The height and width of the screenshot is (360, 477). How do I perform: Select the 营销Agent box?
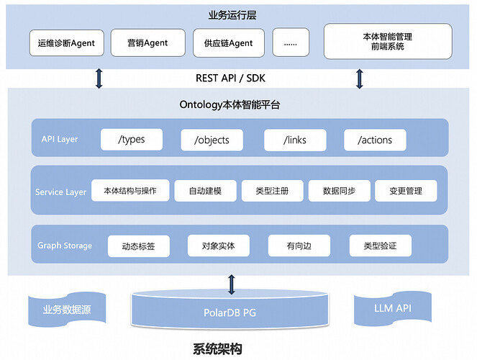pyautogui.click(x=147, y=42)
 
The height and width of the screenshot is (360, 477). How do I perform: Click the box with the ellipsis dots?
pyautogui.click(x=291, y=42)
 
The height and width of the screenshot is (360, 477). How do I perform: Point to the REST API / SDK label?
pyautogui.click(x=229, y=78)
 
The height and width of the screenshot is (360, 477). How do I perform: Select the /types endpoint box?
pyautogui.click(x=131, y=139)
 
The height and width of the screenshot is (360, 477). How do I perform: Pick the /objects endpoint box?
pyautogui.click(x=212, y=139)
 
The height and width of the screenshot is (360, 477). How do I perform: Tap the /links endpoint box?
pyautogui.click(x=294, y=139)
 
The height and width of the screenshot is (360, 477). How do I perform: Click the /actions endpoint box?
pyautogui.click(x=374, y=139)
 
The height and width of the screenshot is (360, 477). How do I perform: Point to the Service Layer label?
pyautogui.click(x=60, y=192)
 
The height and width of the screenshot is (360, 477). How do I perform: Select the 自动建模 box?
pyautogui.click(x=204, y=191)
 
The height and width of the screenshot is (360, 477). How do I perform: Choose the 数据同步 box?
pyautogui.click(x=339, y=191)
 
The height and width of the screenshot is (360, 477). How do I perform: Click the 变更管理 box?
pyautogui.click(x=406, y=191)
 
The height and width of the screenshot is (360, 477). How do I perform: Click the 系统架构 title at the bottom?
pyautogui.click(x=217, y=349)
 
